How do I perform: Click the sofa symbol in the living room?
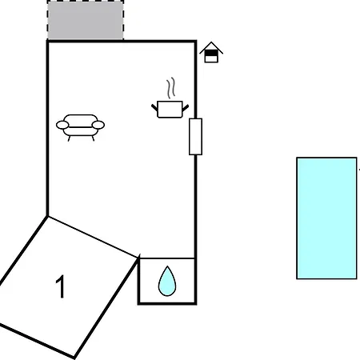tap(80, 127)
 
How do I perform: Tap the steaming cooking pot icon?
tap(170, 98)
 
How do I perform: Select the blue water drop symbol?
tap(167, 281)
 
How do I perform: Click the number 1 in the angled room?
tap(61, 286)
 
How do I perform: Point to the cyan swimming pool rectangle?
tap(326, 218)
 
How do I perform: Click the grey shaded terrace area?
tap(86, 20)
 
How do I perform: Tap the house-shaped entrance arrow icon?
tap(211, 52)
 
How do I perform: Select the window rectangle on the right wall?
tap(195, 137)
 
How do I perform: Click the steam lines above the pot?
tap(171, 88)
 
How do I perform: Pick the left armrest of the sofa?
tap(62, 125)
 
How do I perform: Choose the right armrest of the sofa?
tap(98, 125)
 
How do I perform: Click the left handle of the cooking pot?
tap(154, 108)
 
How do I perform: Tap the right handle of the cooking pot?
tap(186, 108)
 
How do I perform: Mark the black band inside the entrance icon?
tap(211, 54)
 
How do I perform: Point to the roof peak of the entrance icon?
tap(211, 42)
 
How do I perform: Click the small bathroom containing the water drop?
tap(167, 281)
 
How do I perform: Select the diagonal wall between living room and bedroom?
tap(93, 237)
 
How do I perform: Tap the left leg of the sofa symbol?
tap(69, 138)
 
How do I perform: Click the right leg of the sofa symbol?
tap(93, 138)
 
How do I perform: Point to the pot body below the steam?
tap(170, 109)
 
